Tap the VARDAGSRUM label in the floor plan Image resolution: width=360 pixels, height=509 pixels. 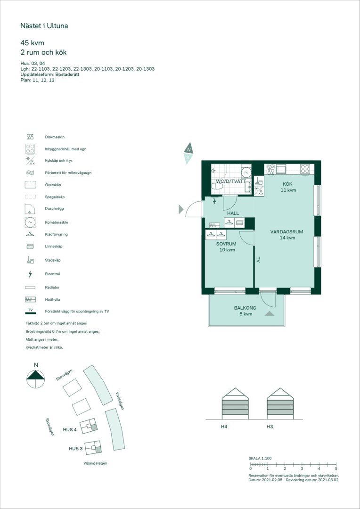coord(286,232)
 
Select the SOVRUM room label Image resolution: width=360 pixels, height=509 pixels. coord(226,244)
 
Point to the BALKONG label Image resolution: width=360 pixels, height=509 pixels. coord(245,308)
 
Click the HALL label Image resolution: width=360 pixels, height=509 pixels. coord(233,213)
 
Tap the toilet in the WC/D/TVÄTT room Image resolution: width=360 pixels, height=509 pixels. coord(217,186)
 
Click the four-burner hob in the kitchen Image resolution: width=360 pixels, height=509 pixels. coord(305,168)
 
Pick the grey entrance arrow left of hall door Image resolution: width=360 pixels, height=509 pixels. coord(181,210)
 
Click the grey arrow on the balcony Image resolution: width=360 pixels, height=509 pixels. coord(269,313)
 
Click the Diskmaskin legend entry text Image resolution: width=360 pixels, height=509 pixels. coord(53,137)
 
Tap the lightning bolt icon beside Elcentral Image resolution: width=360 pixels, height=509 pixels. coord(30,274)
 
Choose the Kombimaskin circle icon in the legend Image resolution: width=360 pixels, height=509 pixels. coord(30,222)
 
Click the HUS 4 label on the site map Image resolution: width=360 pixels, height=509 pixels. coord(70,430)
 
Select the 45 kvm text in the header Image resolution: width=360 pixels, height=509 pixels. coord(32,43)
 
